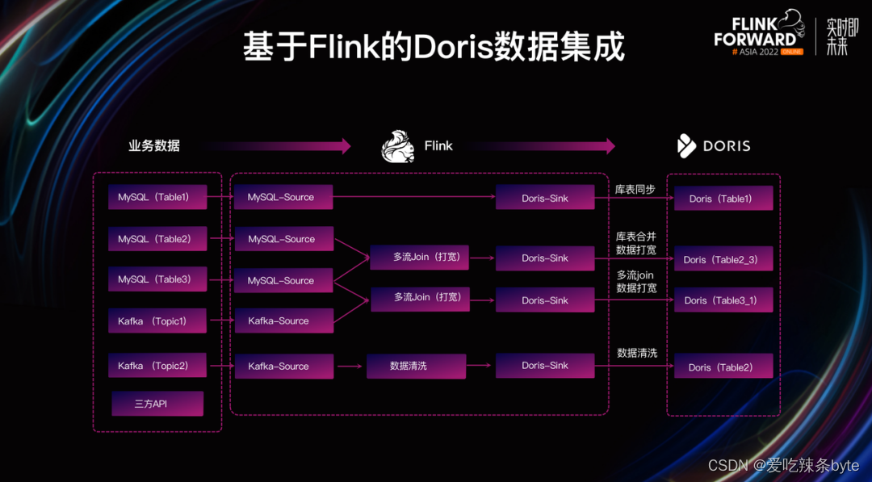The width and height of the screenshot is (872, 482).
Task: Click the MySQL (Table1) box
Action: point(157,197)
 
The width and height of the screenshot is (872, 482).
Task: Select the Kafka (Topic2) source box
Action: point(157,366)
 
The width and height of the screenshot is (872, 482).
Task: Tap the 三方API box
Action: point(157,404)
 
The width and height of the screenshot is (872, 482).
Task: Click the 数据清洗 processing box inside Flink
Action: point(416,366)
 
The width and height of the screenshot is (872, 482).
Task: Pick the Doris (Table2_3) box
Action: point(723,259)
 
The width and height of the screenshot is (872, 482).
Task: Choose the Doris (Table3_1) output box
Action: point(723,300)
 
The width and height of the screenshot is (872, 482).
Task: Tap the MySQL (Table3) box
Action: point(157,279)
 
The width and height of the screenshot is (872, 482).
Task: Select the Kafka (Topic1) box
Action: point(157,321)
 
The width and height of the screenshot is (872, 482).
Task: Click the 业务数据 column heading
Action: point(153,146)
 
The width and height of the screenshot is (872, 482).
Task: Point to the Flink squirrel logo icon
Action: point(398,146)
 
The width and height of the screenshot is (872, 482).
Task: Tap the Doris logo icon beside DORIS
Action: point(686,146)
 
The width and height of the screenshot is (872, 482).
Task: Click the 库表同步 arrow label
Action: point(635,190)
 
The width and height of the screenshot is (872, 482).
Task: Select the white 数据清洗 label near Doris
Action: point(637,353)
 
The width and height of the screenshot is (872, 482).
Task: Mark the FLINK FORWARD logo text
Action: point(754,32)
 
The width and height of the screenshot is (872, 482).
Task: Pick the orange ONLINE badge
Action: point(791,51)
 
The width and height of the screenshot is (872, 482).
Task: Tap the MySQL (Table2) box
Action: point(157,239)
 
